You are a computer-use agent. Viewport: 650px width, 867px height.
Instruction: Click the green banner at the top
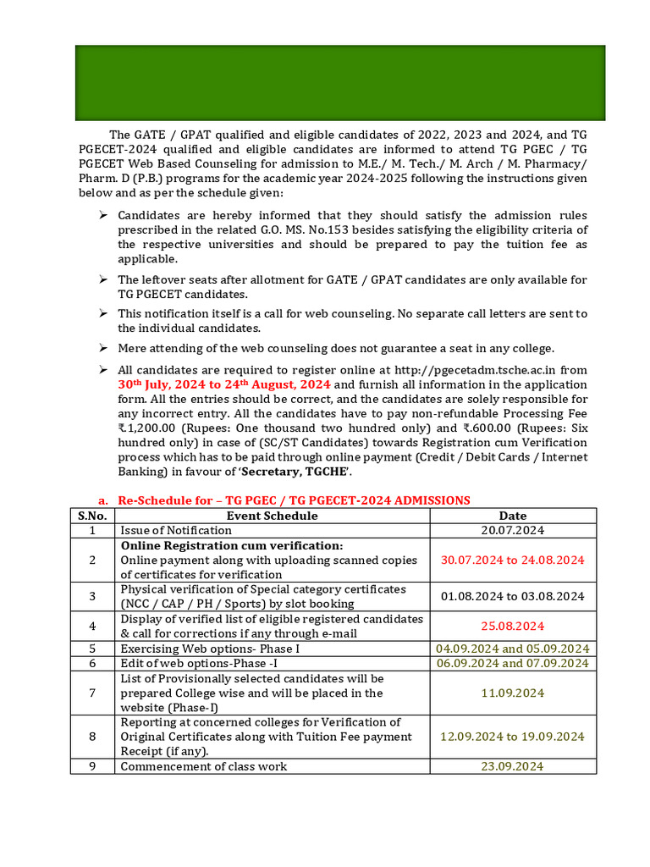[340, 83]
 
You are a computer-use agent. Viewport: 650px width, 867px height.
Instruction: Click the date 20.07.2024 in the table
[512, 530]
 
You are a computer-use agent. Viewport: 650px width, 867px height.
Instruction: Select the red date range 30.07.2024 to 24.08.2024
[512, 560]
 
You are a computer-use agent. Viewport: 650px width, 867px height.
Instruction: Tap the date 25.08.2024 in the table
[512, 626]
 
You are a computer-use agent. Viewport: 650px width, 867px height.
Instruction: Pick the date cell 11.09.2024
[512, 693]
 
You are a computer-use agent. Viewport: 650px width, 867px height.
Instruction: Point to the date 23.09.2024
[512, 766]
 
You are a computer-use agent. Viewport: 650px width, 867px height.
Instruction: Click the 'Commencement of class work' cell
[203, 766]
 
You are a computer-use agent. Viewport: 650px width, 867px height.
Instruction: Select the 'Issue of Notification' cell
[176, 530]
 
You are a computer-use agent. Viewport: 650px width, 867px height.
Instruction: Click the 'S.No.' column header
[92, 516]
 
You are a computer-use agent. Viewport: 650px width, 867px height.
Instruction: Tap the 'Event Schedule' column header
[272, 516]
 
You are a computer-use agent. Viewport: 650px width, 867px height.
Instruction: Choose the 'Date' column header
[512, 516]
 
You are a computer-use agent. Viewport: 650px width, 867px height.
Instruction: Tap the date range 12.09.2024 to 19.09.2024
[512, 736]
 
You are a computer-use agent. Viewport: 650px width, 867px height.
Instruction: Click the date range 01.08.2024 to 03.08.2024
[512, 596]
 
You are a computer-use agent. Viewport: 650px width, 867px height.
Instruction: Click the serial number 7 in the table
[92, 693]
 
